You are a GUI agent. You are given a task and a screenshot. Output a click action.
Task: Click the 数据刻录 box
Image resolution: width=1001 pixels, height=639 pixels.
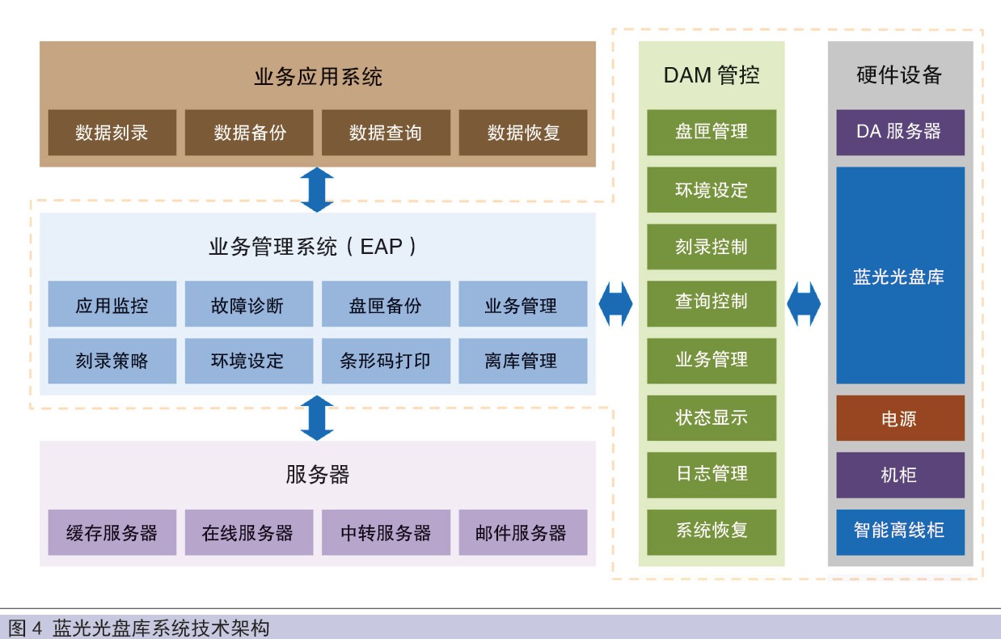pyautogui.click(x=112, y=133)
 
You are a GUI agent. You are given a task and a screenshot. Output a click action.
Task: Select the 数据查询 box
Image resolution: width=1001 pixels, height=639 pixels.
pyautogui.click(x=386, y=133)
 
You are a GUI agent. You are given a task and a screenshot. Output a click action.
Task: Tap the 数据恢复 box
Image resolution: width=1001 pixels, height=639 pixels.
pyautogui.click(x=523, y=133)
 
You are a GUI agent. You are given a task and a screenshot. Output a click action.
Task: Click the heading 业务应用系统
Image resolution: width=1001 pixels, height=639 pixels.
pyautogui.click(x=318, y=77)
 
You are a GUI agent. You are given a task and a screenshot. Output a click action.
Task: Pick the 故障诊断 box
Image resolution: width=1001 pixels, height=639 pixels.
pyautogui.click(x=249, y=303)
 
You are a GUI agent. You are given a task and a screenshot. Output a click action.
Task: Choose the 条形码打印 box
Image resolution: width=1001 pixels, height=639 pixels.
pyautogui.click(x=386, y=361)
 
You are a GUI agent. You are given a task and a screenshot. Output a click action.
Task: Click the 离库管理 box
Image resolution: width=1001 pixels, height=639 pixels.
pyautogui.click(x=523, y=361)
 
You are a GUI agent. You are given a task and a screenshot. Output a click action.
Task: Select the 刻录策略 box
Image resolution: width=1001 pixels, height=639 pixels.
pyautogui.click(x=112, y=361)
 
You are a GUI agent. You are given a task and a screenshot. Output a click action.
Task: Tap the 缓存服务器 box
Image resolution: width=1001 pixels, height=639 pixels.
pyautogui.click(x=112, y=532)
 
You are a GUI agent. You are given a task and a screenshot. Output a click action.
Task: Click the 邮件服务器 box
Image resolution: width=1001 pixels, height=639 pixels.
pyautogui.click(x=523, y=532)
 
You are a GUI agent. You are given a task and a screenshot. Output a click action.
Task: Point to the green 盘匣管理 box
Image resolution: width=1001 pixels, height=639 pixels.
pyautogui.click(x=712, y=133)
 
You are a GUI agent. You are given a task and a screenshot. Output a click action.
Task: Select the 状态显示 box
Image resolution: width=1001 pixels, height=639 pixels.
pyautogui.click(x=712, y=417)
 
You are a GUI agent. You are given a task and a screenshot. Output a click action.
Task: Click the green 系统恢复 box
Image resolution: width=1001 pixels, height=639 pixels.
pyautogui.click(x=712, y=532)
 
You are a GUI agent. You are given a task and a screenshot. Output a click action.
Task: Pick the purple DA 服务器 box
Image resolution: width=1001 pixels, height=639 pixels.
pyautogui.click(x=901, y=133)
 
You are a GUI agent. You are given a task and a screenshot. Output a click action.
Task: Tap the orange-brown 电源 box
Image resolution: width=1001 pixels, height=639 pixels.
pyautogui.click(x=901, y=417)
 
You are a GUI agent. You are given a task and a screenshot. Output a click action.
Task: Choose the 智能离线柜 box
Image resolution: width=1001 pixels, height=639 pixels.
pyautogui.click(x=901, y=532)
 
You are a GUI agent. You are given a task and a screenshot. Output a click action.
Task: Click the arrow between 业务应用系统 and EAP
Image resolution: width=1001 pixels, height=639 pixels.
pyautogui.click(x=317, y=189)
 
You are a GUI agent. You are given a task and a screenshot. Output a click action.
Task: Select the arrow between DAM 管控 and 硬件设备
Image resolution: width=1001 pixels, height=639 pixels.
pyautogui.click(x=804, y=303)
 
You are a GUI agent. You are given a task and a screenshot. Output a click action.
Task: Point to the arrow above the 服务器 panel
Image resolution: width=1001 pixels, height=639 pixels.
pyautogui.click(x=317, y=417)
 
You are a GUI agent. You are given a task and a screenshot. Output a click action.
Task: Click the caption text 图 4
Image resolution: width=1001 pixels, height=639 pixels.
pyautogui.click(x=25, y=628)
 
